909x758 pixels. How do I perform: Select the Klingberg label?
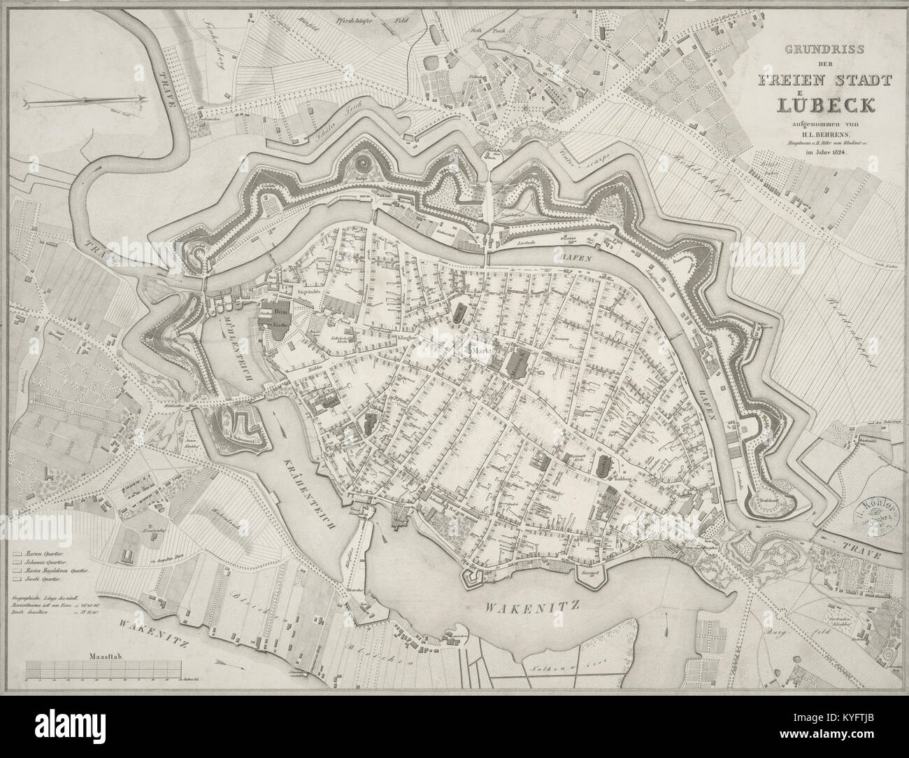(407, 337)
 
